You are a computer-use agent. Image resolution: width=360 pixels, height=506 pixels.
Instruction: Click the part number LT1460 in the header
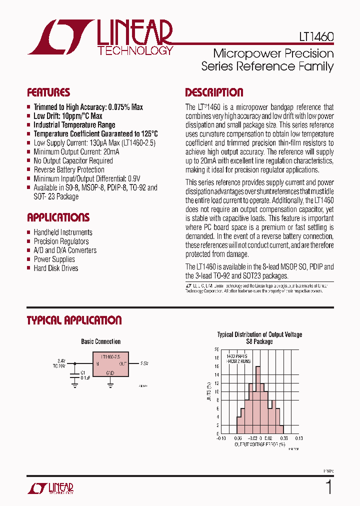(x=312, y=37)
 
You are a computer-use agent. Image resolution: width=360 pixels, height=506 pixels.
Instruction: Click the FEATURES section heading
(x=48, y=92)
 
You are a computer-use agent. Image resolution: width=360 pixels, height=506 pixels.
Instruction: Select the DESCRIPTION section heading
(x=214, y=92)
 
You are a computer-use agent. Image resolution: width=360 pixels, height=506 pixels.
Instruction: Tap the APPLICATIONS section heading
(x=58, y=217)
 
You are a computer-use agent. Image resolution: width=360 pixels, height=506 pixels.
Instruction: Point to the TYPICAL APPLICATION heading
(x=74, y=320)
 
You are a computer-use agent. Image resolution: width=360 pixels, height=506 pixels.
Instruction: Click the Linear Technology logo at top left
(x=100, y=37)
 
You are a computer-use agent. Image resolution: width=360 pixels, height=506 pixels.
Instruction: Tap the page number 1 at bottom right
(x=328, y=486)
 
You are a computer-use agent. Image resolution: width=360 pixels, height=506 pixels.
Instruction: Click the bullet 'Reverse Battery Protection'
(x=69, y=169)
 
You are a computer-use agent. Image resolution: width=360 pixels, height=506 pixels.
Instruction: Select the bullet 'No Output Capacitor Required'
(x=73, y=160)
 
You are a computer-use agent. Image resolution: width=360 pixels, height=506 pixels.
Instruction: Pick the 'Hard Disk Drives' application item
(x=56, y=268)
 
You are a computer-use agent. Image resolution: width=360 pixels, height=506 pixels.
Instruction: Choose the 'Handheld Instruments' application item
(x=63, y=232)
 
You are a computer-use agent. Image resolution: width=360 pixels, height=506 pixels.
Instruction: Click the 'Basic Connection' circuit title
(x=101, y=341)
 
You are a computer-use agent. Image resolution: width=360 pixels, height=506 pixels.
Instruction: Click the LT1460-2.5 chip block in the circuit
(x=110, y=364)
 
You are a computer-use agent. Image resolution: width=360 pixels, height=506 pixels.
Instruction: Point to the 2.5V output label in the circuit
(x=144, y=363)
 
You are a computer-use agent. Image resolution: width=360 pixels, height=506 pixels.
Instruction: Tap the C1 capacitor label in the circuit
(x=83, y=372)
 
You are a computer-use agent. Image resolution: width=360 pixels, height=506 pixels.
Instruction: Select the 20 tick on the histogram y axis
(x=216, y=349)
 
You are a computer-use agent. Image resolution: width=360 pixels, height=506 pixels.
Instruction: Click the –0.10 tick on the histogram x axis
(x=220, y=438)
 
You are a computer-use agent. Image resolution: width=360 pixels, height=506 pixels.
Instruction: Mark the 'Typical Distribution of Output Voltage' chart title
(x=259, y=334)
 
